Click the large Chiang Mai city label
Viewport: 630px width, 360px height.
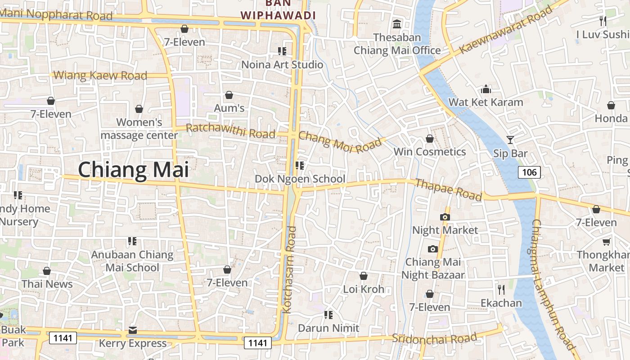click(134, 170)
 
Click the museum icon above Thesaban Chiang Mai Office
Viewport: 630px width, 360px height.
click(397, 24)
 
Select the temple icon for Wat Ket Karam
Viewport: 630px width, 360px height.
click(486, 89)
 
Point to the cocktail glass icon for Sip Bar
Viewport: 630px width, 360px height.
click(510, 140)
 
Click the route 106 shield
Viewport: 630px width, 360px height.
click(529, 172)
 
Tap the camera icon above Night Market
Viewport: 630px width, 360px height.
click(445, 217)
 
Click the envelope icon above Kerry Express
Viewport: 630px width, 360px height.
click(132, 331)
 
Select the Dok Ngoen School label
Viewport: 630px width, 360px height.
click(300, 179)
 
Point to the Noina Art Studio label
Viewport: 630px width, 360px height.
click(282, 65)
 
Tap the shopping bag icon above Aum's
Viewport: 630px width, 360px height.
click(229, 95)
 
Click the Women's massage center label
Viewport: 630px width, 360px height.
click(139, 129)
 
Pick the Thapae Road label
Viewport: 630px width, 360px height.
click(448, 189)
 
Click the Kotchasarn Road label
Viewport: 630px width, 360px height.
click(290, 270)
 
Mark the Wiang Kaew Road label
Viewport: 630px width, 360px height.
click(100, 75)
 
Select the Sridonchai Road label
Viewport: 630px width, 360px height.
click(434, 338)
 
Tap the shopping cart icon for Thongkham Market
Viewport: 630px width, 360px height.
click(606, 242)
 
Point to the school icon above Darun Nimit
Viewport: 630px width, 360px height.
click(328, 315)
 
